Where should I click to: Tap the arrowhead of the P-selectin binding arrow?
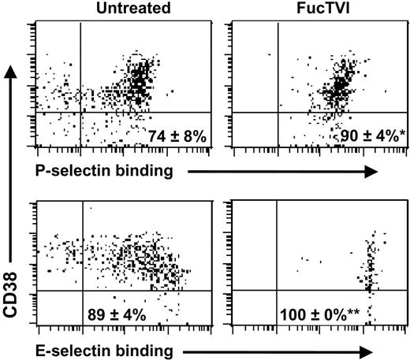point(373,169)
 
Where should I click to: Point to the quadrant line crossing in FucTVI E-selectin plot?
point(277,291)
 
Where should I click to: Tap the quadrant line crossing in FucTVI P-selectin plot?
point(277,113)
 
